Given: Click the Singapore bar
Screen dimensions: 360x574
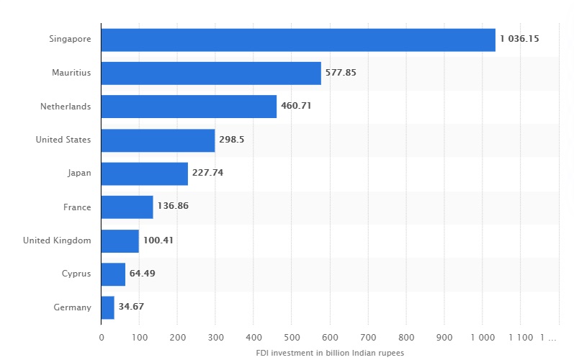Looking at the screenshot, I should (x=298, y=40).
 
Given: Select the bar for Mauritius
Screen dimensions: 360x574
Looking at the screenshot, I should (x=211, y=73).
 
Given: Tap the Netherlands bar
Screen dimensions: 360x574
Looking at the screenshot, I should (x=189, y=107).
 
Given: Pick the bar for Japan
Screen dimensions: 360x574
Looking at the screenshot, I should (x=144, y=174).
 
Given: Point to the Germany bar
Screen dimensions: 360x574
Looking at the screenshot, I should (x=107, y=307).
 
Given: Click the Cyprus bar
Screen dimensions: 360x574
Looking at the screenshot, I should (x=113, y=274).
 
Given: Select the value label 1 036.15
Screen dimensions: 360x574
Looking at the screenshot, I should (x=520, y=40).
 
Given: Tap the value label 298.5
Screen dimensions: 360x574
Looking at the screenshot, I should (x=232, y=140).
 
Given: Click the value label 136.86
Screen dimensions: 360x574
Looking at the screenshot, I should (x=173, y=207).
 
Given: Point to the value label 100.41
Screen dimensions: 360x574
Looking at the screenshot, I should (x=158, y=240).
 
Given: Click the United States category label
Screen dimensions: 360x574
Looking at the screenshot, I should (x=63, y=140).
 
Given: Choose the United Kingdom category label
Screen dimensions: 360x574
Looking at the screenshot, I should (x=57, y=240).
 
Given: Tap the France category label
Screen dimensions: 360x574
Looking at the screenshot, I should (x=77, y=207).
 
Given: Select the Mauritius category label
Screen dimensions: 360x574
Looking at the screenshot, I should (x=71, y=73).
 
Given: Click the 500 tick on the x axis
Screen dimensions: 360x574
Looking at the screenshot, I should (x=292, y=336).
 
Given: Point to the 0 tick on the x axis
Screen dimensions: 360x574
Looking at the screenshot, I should (x=102, y=336).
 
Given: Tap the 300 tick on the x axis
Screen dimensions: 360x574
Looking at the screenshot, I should (x=215, y=336).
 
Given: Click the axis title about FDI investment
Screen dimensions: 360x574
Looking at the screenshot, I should (x=330, y=353).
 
